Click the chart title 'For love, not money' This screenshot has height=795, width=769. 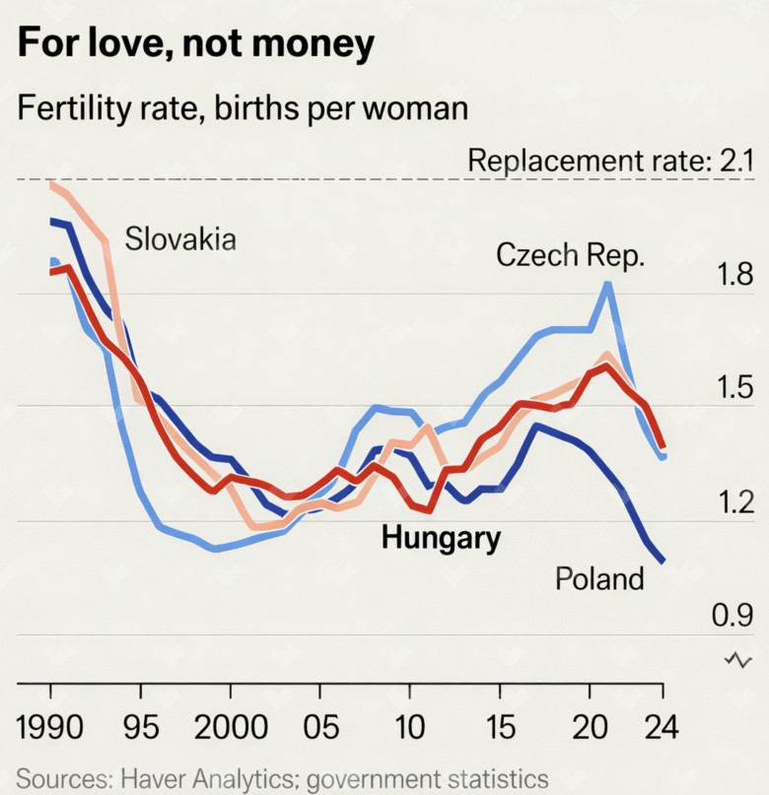196,44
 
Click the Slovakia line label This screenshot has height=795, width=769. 180,238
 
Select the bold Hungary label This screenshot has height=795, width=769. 441,538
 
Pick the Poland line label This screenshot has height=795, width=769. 599,578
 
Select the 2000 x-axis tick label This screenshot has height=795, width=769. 232,729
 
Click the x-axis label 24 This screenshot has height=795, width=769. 662,729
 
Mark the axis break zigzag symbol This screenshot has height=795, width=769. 737,659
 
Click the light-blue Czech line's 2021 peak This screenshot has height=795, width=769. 608,284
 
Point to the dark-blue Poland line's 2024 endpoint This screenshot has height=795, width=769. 662,562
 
